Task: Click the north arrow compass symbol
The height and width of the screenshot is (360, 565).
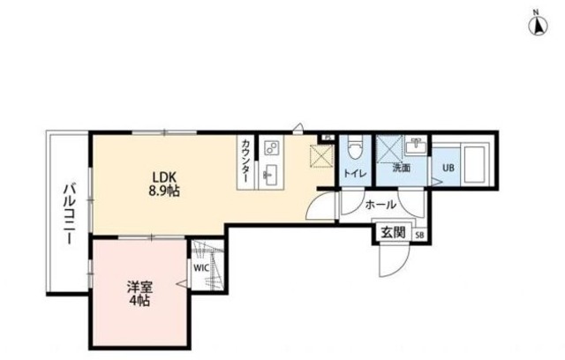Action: pos(537,24)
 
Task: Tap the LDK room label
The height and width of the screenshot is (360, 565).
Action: pos(162,175)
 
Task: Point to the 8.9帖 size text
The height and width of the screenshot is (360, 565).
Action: pos(162,190)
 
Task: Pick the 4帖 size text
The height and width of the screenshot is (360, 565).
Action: pos(137,301)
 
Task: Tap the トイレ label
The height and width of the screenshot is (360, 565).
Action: pos(355,173)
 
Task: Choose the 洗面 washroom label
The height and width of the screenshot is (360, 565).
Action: pos(401,168)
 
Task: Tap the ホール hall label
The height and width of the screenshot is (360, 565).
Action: pos(380,204)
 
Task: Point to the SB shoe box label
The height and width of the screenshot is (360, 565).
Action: pos(418,235)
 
